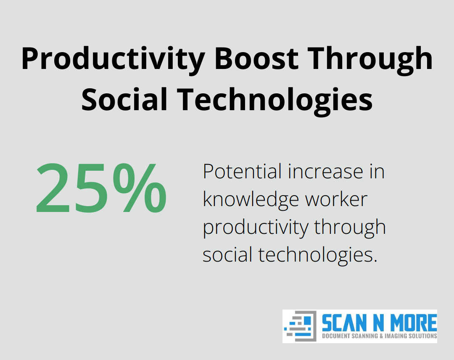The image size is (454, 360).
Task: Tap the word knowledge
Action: coord(251,199)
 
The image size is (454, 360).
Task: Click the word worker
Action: coord(336,199)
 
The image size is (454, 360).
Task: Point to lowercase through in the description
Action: coord(350,228)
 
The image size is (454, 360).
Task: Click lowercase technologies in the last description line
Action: coord(317,255)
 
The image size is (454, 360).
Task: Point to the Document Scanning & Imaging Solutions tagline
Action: coord(379,336)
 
